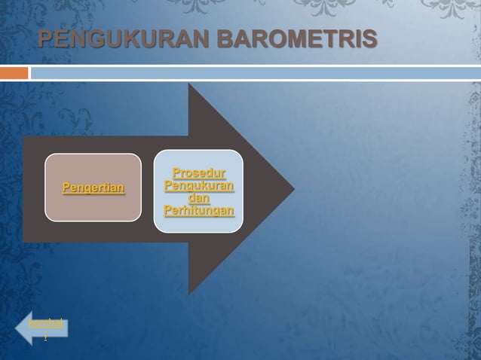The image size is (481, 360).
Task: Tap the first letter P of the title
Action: [x=46, y=39]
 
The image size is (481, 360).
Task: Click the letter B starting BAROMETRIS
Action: [x=225, y=39]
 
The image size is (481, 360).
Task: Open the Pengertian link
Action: [x=93, y=188]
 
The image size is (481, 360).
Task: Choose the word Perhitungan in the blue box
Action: [x=198, y=211]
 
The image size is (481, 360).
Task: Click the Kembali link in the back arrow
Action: [x=45, y=323]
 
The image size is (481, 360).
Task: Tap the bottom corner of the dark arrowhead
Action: [x=189, y=293]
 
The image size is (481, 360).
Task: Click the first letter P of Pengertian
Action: [x=66, y=188]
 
